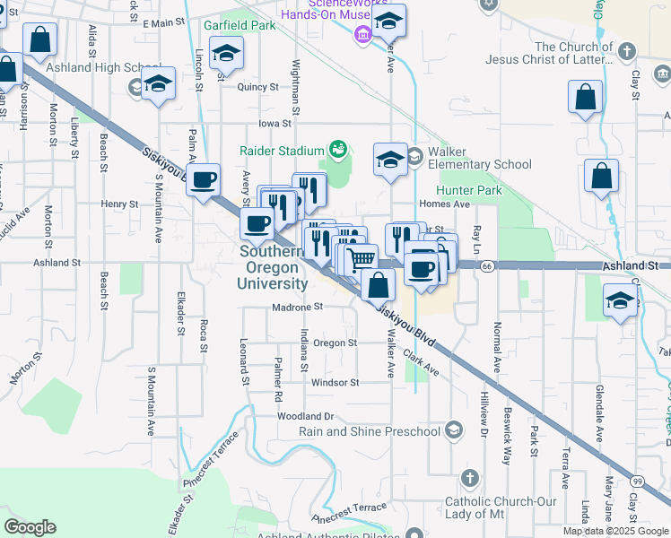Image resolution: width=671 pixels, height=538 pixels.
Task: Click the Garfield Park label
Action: pos(240,25)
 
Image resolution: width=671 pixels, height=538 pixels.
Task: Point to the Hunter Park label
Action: pos(469,190)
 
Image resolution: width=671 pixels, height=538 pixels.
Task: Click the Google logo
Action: pos(30,526)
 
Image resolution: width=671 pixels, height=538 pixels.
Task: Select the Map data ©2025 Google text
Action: pos(615,531)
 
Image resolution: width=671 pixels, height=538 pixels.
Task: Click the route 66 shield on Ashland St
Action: pos(486,266)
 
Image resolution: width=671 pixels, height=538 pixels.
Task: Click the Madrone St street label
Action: pos(297,307)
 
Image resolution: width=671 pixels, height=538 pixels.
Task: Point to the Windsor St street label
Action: pos(335,382)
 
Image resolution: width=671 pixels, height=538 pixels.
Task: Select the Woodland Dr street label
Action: pos(305,416)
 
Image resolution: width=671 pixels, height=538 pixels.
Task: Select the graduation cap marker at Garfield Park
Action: pos(227,53)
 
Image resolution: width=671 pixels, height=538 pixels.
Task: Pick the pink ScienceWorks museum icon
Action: pos(362,36)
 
